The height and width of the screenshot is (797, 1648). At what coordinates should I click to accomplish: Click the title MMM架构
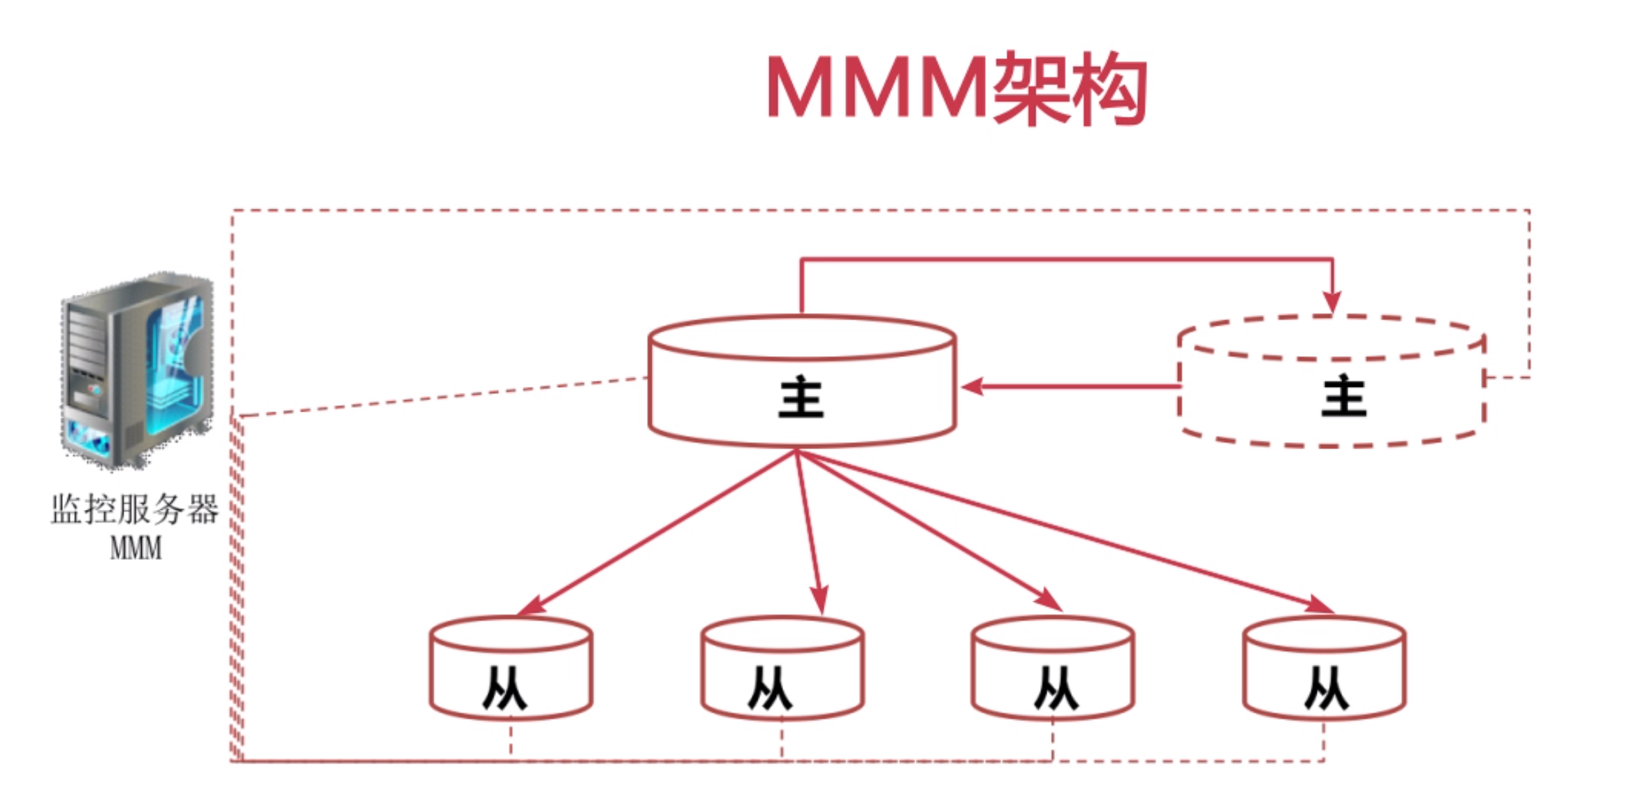tap(956, 89)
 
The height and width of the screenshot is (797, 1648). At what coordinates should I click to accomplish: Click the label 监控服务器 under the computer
tap(135, 509)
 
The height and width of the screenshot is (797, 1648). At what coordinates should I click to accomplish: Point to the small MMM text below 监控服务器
tap(136, 548)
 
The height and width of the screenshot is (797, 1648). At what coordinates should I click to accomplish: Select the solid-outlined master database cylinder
tap(802, 381)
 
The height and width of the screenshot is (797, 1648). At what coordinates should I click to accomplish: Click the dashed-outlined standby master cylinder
tap(1331, 381)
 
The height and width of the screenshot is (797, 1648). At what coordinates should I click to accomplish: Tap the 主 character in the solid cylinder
tap(801, 397)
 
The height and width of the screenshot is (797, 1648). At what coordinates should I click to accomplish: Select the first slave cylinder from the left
tap(511, 668)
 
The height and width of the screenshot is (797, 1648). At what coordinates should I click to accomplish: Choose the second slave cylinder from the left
tap(782, 668)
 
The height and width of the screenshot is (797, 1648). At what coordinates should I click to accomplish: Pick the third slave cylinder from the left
tap(1052, 668)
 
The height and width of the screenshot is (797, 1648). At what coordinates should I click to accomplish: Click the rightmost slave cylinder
tap(1324, 668)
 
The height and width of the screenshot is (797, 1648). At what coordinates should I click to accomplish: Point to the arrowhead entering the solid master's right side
tap(972, 386)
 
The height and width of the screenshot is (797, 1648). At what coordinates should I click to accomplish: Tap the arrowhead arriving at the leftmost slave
tap(532, 606)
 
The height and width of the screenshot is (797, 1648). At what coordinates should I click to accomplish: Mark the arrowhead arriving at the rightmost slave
tap(1320, 605)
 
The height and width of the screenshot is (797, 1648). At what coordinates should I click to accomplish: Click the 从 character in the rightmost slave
tap(1326, 689)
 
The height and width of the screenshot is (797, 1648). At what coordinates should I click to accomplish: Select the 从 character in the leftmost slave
tap(504, 689)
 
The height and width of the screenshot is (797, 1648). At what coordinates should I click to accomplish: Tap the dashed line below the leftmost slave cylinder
tap(511, 739)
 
